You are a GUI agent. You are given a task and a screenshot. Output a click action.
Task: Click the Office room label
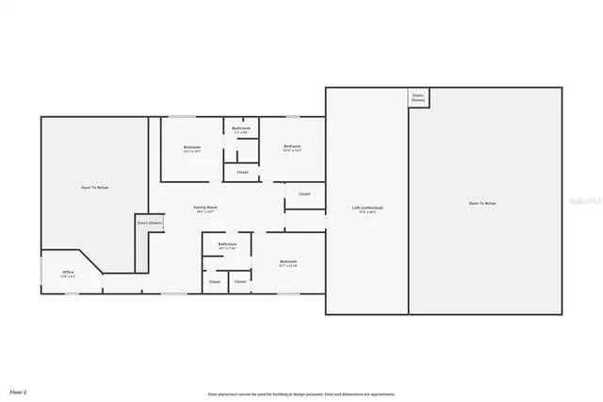[x=68, y=274]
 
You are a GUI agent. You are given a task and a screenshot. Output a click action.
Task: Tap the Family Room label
[x=205, y=209]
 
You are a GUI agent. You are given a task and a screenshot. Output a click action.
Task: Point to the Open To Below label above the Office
[x=94, y=188]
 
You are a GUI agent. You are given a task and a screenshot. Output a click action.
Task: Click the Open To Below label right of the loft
[x=482, y=204]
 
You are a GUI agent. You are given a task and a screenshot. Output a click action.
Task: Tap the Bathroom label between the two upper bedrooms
[x=240, y=129]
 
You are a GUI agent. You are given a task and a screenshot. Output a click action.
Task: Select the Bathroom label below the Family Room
[x=227, y=245]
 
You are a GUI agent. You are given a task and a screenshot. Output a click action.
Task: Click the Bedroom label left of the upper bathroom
[x=191, y=148]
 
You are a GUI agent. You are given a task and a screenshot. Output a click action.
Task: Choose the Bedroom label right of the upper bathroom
[x=292, y=148]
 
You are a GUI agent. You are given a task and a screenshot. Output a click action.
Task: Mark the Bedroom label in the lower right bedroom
[x=287, y=262]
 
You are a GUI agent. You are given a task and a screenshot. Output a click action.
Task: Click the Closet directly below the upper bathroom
[x=242, y=172]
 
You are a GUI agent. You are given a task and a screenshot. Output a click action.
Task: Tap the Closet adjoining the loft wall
[x=304, y=194]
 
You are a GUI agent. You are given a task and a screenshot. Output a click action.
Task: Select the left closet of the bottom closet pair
[x=214, y=281]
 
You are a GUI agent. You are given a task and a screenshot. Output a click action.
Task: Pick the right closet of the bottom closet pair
[x=240, y=281]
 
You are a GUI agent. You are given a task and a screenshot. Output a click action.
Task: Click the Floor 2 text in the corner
[x=18, y=391]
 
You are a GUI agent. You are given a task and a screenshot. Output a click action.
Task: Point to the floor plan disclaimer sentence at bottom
[x=301, y=394]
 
